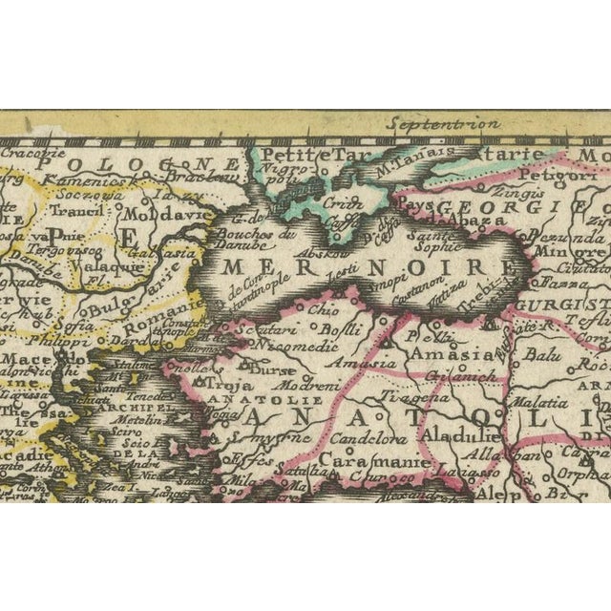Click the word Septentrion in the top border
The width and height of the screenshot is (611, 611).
coord(442,123)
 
